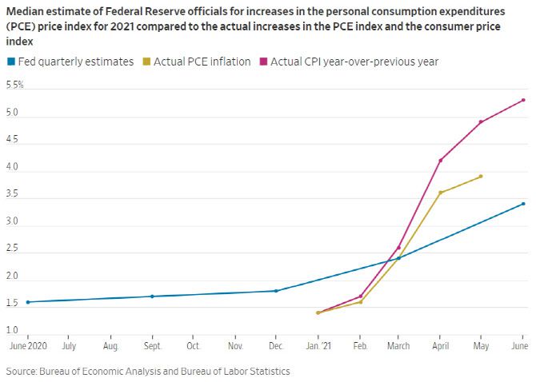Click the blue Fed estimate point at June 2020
28,302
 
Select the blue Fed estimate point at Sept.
152,296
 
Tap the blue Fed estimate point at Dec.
276,291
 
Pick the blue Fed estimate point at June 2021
523,204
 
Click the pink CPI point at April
440,161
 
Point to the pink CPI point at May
481,122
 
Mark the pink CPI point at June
523,100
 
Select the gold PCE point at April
440,193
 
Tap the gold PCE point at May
481,177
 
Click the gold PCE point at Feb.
361,302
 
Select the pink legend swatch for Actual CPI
265,62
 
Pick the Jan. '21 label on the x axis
318,347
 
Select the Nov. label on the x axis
235,347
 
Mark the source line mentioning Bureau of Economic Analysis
147,372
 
